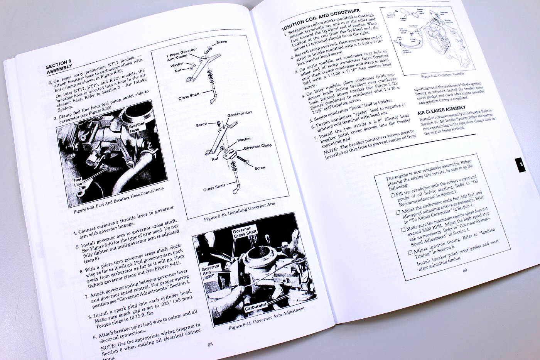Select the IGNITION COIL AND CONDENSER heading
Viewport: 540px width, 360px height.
tap(321, 19)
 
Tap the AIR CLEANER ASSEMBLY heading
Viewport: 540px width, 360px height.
tap(442, 111)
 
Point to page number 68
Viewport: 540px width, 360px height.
tap(210, 344)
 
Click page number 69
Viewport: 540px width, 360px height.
tap(464, 270)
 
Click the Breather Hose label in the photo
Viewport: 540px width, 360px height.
tap(136, 127)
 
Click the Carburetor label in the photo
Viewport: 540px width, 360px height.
tap(255, 306)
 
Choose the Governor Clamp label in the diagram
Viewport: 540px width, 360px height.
tap(257, 147)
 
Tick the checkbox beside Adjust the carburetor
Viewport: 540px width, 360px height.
tap(398, 212)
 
